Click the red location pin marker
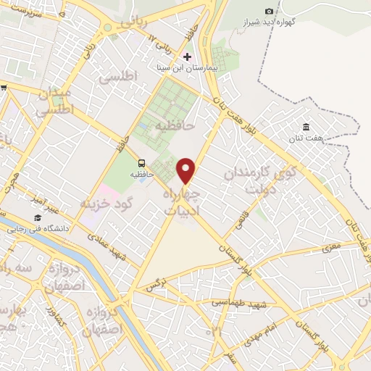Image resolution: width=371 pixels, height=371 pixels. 187,170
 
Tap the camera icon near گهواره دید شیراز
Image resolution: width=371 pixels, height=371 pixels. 270,11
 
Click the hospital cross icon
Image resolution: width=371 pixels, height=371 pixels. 188,57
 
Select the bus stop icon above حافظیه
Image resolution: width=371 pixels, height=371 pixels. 141,163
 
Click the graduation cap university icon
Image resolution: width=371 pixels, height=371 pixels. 37,217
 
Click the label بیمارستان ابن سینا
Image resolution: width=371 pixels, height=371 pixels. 188,67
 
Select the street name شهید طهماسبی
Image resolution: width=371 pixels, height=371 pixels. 239,300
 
